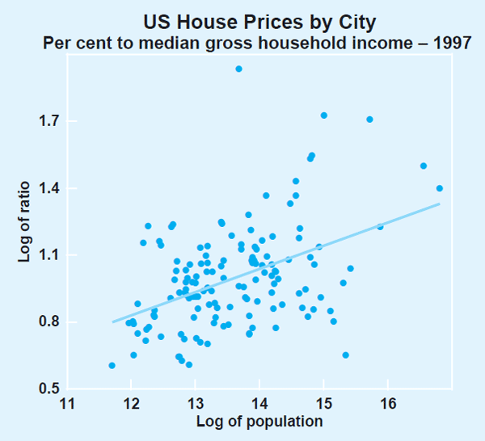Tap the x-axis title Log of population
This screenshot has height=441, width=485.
(259, 422)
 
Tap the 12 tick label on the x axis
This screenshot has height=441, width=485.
(130, 404)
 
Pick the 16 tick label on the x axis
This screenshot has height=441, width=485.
(387, 404)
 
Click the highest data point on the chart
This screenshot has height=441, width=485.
(238, 69)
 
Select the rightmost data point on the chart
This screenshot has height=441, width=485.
(440, 188)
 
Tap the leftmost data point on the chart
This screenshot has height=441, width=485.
(112, 366)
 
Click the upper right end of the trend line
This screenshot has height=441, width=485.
(440, 204)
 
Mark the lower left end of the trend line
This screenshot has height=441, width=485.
(112, 322)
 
